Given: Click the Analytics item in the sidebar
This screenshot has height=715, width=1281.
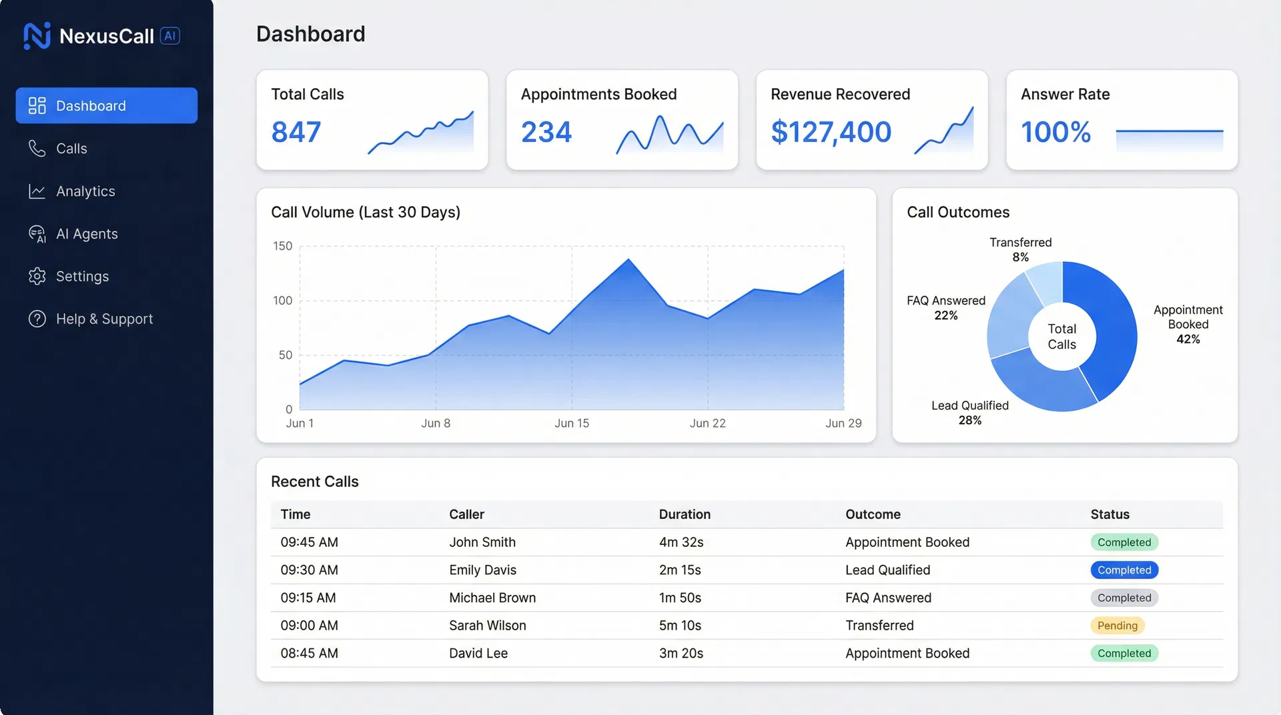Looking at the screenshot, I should click(85, 191).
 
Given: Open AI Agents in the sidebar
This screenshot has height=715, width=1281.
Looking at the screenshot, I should click(87, 234).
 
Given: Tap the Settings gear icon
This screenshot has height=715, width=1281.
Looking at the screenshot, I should click(37, 276).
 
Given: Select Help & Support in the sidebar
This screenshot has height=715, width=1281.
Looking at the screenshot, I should click(104, 319).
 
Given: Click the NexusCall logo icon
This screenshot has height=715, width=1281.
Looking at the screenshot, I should click(37, 36).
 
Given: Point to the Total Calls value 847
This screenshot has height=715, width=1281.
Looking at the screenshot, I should click(296, 132).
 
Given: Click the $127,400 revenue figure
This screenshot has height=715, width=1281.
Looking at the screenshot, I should click(831, 132).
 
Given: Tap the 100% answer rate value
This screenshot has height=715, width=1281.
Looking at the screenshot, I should click(1055, 132).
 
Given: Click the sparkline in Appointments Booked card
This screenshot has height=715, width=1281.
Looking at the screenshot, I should click(669, 134).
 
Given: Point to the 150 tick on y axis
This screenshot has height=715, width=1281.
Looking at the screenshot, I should click(283, 246).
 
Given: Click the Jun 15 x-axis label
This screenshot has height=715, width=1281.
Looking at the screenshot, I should click(572, 424).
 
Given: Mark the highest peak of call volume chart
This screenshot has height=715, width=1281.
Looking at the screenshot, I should click(628, 260).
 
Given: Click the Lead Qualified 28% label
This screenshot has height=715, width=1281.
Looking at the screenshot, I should click(969, 413).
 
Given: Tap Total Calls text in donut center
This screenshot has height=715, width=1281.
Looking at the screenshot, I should click(1061, 337).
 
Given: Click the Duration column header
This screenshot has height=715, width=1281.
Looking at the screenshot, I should click(685, 514).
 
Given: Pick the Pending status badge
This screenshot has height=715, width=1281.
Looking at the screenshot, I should click(1117, 626).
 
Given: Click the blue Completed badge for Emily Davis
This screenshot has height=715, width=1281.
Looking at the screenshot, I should click(1124, 570).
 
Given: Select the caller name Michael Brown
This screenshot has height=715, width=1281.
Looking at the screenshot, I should click(492, 598).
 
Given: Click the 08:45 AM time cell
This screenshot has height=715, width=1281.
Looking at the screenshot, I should click(309, 654).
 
